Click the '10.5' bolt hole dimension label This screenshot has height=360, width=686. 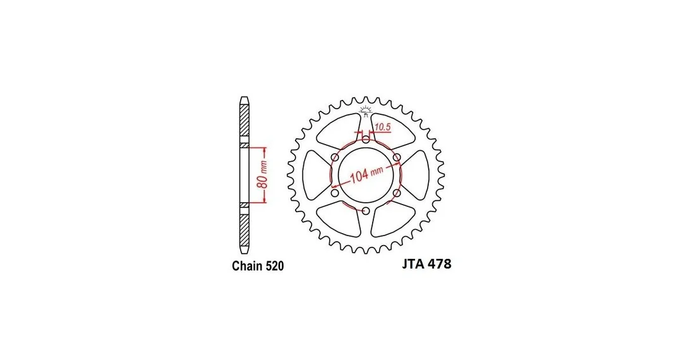[x=382, y=128]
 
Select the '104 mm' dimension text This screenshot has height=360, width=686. [x=366, y=174]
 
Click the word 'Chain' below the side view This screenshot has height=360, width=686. [x=247, y=266]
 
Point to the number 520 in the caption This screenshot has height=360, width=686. [x=274, y=266]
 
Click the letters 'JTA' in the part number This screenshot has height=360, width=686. [x=412, y=264]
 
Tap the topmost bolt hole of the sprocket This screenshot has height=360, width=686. [x=366, y=140]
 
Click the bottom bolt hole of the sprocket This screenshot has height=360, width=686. [x=366, y=212]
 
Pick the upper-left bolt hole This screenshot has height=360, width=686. [x=335, y=157]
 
